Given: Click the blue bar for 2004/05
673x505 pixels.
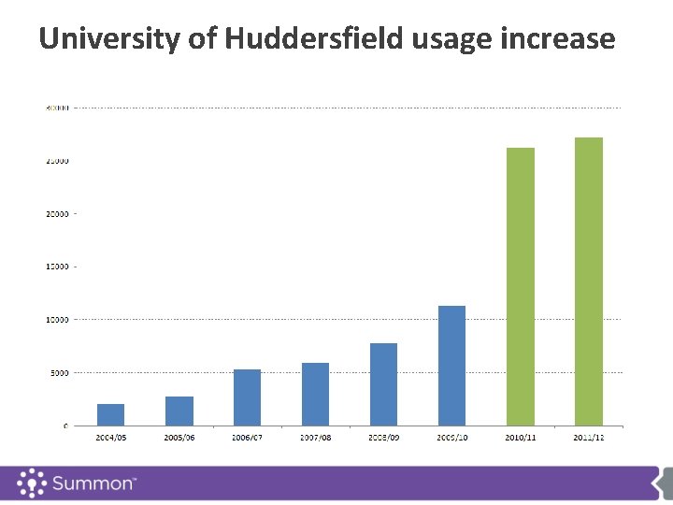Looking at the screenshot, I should pyautogui.click(x=110, y=414).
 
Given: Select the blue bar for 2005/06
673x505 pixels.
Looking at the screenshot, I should pyautogui.click(x=179, y=411).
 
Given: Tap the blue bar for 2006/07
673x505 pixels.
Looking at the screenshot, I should pyautogui.click(x=247, y=397).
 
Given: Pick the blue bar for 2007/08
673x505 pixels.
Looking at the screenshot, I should pyautogui.click(x=315, y=394).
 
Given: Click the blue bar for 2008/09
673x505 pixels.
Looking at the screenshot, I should pyautogui.click(x=383, y=384).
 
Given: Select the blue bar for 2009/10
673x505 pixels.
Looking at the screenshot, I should pyautogui.click(x=451, y=366).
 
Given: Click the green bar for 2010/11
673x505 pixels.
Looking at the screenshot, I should pyautogui.click(x=521, y=286).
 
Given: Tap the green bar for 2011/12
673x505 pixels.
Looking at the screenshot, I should pyautogui.click(x=589, y=281).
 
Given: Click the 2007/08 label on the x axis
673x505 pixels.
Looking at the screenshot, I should pyautogui.click(x=315, y=437).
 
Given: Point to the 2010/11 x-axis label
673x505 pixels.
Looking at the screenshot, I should pyautogui.click(x=521, y=437).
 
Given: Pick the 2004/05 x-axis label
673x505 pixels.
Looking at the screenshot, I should pyautogui.click(x=110, y=437).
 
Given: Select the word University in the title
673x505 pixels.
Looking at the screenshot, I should pyautogui.click(x=103, y=39).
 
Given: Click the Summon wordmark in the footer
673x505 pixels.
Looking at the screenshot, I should pyautogui.click(x=94, y=484).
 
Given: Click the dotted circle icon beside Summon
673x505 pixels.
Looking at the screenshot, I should pyautogui.click(x=32, y=483).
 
